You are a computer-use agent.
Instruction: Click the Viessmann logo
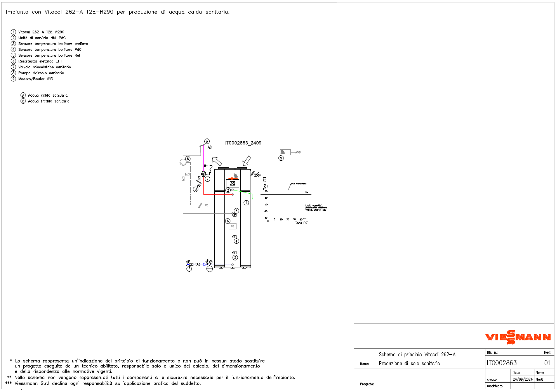coord(518,337)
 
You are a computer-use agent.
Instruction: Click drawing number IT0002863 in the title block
coord(501,363)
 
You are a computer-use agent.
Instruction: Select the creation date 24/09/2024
coord(522,379)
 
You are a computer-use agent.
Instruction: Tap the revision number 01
coord(547,363)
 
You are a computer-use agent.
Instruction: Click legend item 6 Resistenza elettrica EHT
coord(40,61)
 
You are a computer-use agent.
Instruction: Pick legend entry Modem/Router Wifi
coord(35,79)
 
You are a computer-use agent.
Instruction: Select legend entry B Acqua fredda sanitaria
coord(48,101)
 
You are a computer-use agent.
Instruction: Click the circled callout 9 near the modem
coord(281,158)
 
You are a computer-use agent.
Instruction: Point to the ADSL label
coord(299,153)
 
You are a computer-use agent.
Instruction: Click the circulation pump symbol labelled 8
coord(183,162)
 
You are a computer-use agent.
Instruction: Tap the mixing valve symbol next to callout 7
coord(203,175)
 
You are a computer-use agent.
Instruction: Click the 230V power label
coord(257,175)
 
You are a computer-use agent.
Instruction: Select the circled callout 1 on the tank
coord(246,203)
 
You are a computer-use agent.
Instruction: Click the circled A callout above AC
coord(207,142)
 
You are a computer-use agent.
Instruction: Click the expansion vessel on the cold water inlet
coord(210,269)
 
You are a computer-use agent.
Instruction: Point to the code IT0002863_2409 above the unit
coord(243,143)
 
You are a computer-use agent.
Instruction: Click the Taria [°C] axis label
coord(302,223)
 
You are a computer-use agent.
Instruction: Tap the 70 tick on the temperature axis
coord(266,191)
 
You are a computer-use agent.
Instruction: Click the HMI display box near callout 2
coord(232,183)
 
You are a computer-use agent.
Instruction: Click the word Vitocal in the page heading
coord(53,12)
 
